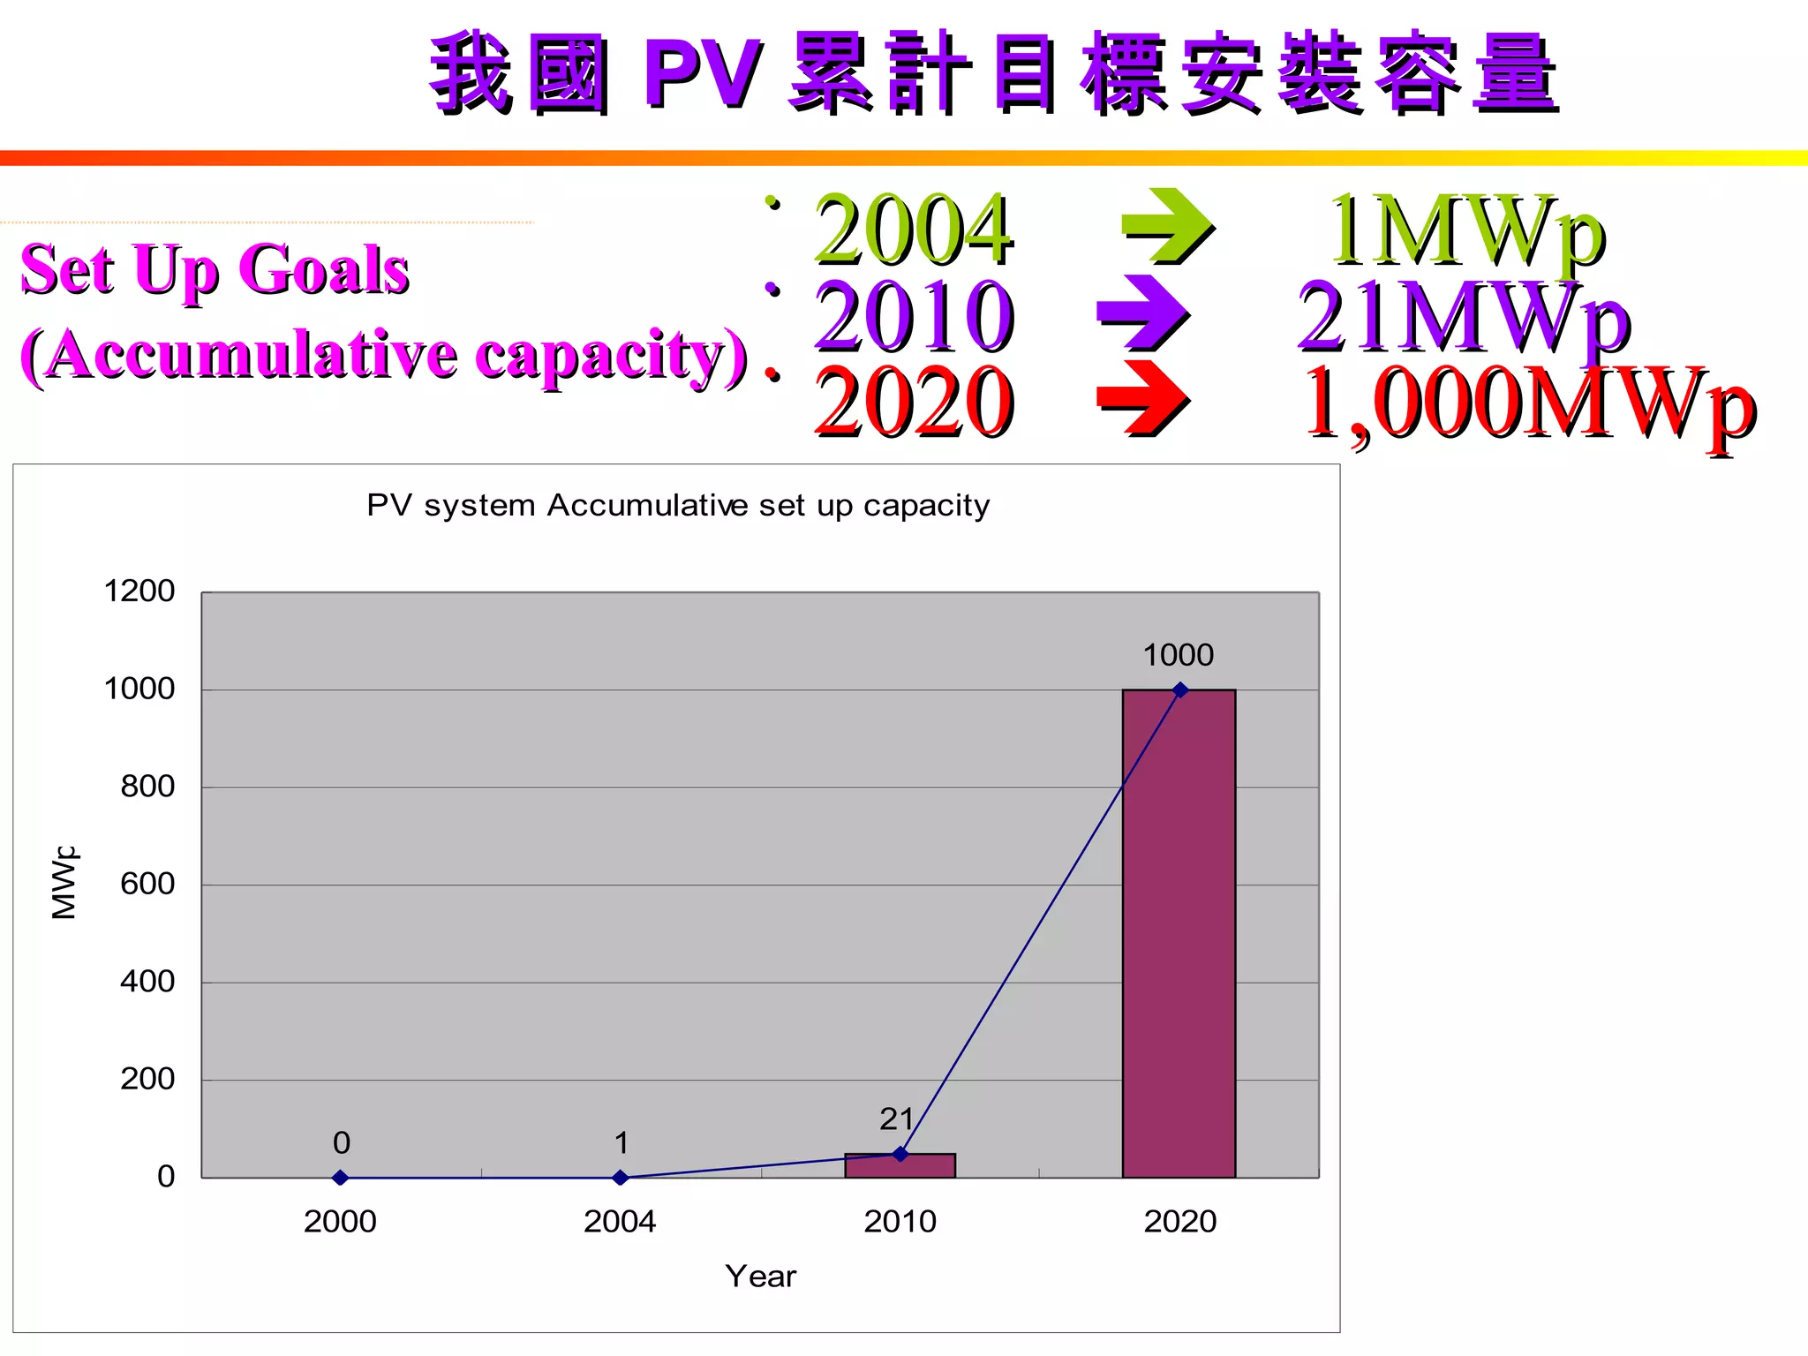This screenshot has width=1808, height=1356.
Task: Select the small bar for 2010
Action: click(x=900, y=1165)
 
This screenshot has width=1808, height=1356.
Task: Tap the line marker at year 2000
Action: click(x=340, y=1178)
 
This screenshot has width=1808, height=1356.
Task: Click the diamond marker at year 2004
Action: click(x=620, y=1178)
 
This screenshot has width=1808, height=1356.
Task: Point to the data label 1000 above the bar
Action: click(x=1178, y=655)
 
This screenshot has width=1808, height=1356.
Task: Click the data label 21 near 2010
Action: click(x=896, y=1119)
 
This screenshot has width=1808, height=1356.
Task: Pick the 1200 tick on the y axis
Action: click(x=139, y=591)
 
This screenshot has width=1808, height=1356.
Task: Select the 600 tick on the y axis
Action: click(x=147, y=884)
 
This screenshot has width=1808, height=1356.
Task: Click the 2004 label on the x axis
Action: click(x=620, y=1222)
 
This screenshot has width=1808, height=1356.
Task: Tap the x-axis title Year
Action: click(x=760, y=1277)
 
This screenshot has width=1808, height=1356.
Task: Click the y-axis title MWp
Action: click(x=64, y=882)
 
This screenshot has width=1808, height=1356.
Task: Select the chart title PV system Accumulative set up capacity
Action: click(x=678, y=505)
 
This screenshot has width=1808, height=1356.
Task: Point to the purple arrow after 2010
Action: click(x=1142, y=313)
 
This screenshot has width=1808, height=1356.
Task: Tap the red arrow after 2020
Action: click(x=1142, y=398)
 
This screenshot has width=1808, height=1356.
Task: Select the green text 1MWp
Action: click(x=1465, y=230)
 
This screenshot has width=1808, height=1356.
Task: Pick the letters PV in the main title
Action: click(x=702, y=73)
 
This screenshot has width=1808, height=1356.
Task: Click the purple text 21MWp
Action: click(x=1463, y=316)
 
